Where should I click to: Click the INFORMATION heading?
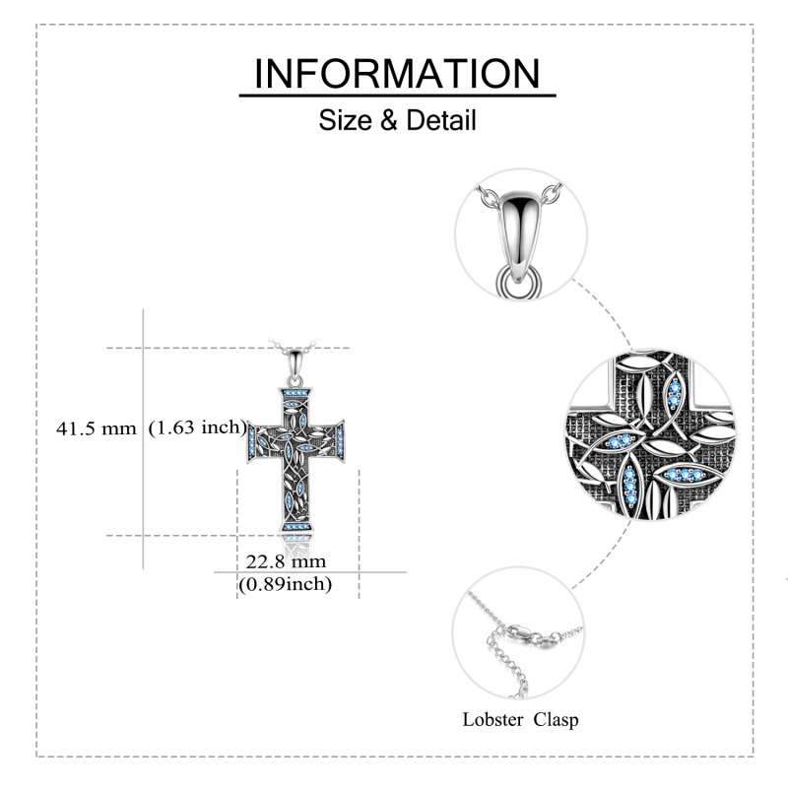(x=397, y=74)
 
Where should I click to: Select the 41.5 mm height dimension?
(x=96, y=427)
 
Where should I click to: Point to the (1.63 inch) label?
(x=197, y=427)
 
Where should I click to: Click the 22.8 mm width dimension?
(x=286, y=561)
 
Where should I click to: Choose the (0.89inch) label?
(x=286, y=584)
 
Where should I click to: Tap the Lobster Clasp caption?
(x=520, y=719)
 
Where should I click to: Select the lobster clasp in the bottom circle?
(x=521, y=632)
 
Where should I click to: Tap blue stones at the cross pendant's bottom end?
(x=295, y=530)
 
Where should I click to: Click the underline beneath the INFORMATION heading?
(x=397, y=97)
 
